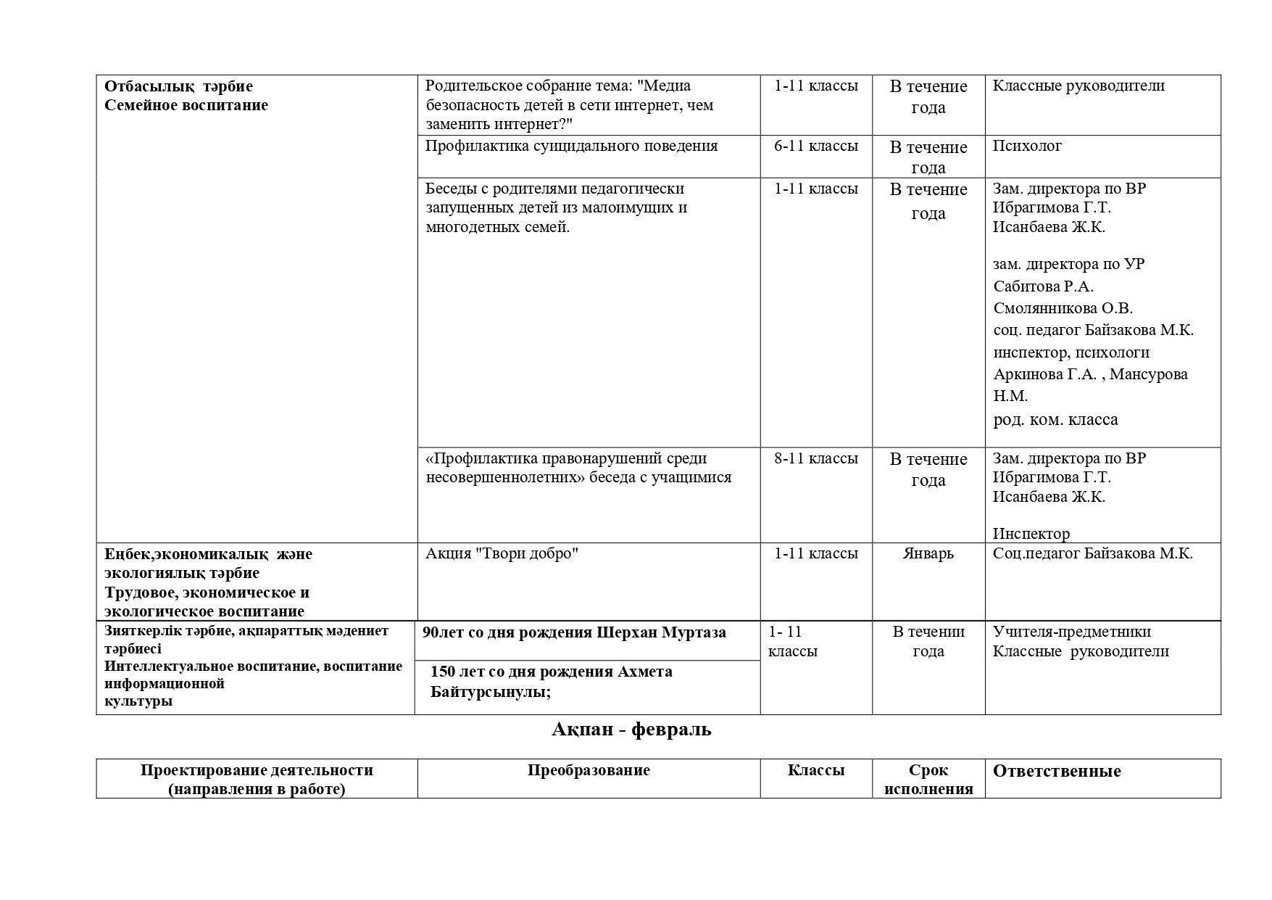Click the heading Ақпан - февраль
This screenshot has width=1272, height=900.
(x=631, y=730)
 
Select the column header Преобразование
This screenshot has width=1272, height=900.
(x=588, y=770)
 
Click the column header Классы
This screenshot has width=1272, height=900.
(x=815, y=770)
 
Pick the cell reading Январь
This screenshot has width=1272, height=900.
(x=928, y=554)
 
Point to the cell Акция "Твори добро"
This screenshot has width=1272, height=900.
(x=502, y=554)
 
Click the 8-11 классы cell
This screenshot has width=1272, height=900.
(x=815, y=458)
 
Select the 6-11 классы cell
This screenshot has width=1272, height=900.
(x=815, y=146)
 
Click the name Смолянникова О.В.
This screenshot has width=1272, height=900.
(x=1063, y=308)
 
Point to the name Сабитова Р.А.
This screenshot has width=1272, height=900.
(x=1043, y=286)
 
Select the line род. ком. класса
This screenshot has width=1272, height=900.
(x=1055, y=420)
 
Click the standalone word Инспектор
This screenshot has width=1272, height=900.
(x=1031, y=534)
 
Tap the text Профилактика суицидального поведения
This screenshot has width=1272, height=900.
(x=571, y=146)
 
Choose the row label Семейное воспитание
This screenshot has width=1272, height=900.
(x=186, y=105)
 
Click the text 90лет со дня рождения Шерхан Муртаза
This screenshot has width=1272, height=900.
(x=574, y=632)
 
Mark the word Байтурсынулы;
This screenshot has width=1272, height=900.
(x=490, y=692)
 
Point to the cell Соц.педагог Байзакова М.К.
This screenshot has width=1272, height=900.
(x=1092, y=554)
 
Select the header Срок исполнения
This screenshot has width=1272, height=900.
(x=928, y=780)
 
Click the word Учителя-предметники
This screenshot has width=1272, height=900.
(x=1071, y=632)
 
